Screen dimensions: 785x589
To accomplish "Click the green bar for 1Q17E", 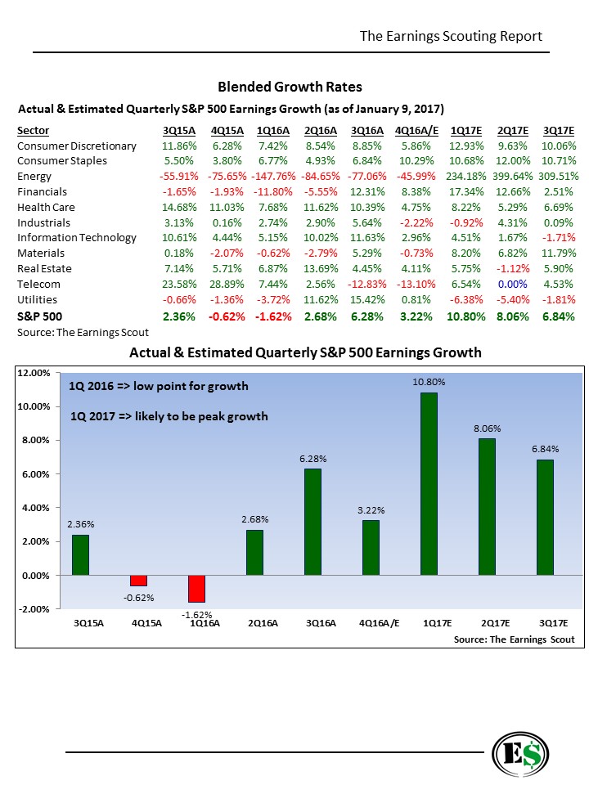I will click(429, 483).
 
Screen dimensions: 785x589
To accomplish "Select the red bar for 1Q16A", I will click(196, 588).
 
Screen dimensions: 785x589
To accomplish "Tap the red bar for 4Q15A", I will click(138, 580).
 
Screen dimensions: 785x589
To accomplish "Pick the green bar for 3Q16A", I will click(312, 522).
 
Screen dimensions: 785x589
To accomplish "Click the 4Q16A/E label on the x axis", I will click(371, 623).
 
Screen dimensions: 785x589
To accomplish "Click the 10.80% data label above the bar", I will click(429, 382).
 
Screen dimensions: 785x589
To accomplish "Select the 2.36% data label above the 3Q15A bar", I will click(80, 524).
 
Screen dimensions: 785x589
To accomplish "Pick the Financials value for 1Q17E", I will click(466, 191).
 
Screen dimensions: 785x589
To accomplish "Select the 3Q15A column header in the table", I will click(178, 130).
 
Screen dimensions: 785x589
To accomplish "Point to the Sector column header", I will click(33, 130).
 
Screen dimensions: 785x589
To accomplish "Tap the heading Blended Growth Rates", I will click(290, 87).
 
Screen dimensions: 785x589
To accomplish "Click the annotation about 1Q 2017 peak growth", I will click(169, 416).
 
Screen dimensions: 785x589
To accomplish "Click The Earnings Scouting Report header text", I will click(451, 36).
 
